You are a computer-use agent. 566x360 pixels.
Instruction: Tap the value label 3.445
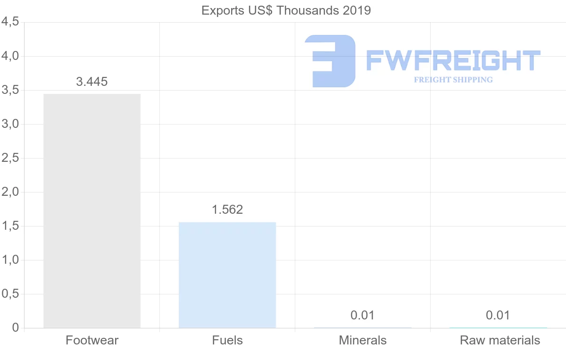click(x=92, y=82)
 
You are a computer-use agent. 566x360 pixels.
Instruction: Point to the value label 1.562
click(x=227, y=209)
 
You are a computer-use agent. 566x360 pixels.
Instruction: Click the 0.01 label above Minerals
click(x=362, y=315)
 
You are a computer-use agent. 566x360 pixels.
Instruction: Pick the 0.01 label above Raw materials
click(x=498, y=315)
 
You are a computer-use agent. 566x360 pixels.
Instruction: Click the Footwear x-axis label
click(x=92, y=340)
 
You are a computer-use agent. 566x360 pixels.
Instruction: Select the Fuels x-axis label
click(x=227, y=340)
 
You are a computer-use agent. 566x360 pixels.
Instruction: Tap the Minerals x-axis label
click(x=362, y=340)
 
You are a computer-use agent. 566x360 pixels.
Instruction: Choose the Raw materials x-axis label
click(x=500, y=340)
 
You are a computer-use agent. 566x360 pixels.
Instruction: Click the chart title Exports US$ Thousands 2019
click(x=286, y=10)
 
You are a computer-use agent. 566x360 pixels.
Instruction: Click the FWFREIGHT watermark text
click(x=453, y=60)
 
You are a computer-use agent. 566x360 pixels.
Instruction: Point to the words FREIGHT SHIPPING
click(x=453, y=80)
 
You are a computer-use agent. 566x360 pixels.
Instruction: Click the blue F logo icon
click(x=330, y=61)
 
